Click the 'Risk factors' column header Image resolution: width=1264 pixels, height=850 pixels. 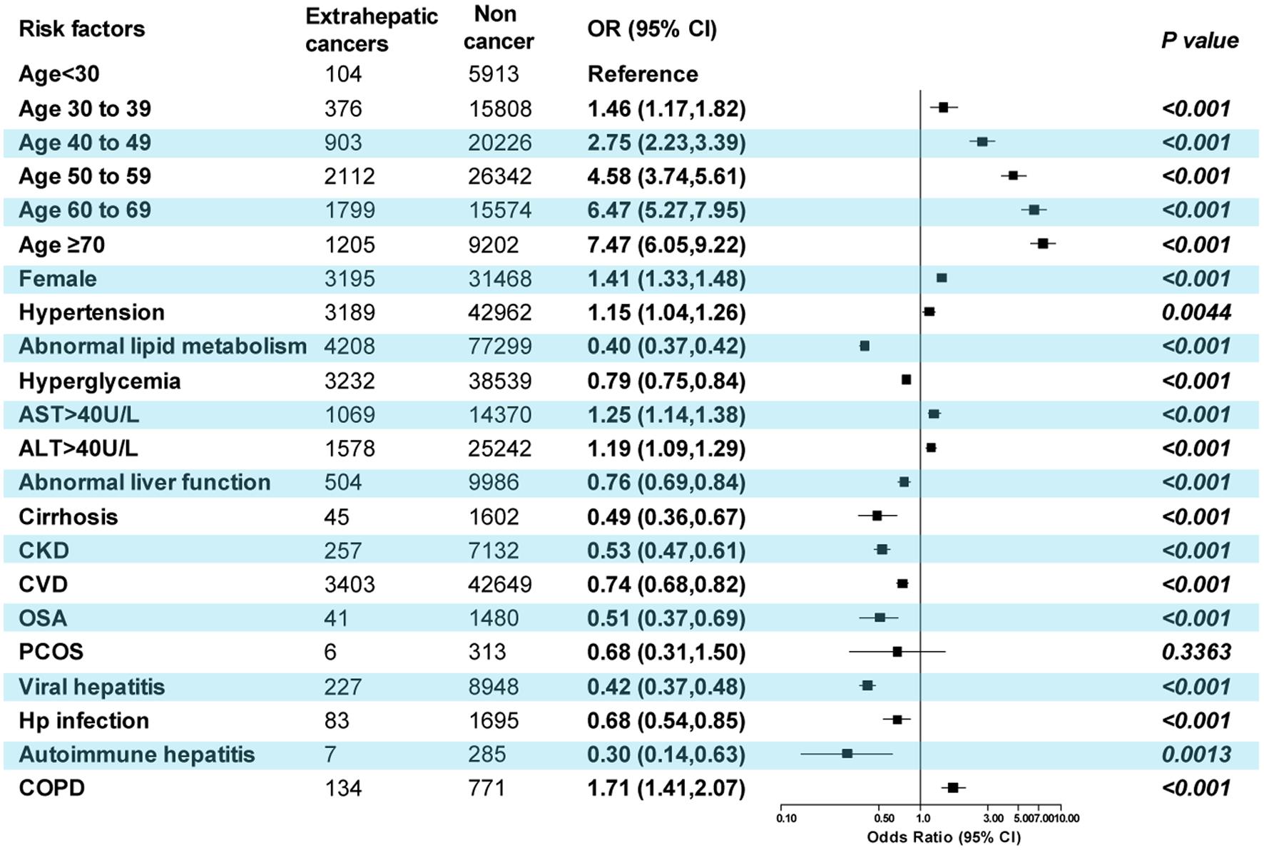(x=81, y=29)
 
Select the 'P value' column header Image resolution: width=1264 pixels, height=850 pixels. (x=1199, y=41)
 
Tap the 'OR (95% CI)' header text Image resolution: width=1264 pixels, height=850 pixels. (x=651, y=29)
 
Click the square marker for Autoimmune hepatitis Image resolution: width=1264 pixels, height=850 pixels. (x=847, y=753)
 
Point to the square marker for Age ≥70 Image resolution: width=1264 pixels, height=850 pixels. (x=1042, y=244)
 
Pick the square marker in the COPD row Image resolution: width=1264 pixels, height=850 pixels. (x=952, y=787)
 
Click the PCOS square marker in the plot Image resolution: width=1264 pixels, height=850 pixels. (x=897, y=651)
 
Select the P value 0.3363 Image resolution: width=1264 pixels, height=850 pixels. (x=1196, y=652)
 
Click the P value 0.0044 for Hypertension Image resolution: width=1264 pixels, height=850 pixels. (x=1196, y=312)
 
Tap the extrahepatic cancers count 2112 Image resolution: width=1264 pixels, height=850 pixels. (x=349, y=176)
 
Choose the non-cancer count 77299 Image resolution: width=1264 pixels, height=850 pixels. (x=499, y=347)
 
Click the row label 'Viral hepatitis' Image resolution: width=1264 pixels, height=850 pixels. (x=91, y=687)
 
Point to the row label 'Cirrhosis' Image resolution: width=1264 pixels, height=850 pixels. (x=68, y=516)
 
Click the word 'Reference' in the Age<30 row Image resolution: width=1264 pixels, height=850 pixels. (x=642, y=74)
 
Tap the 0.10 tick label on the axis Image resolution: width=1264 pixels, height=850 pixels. (x=786, y=818)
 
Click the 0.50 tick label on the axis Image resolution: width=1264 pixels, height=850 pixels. (x=884, y=818)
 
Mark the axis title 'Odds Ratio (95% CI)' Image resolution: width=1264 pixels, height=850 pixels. (x=943, y=836)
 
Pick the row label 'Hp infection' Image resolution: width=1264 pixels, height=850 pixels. (x=83, y=720)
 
